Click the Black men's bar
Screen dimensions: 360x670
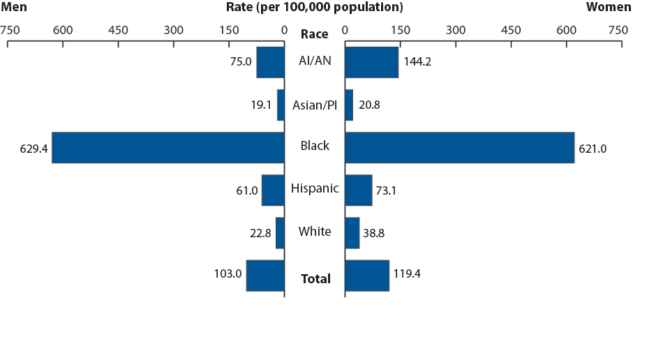tap(167, 147)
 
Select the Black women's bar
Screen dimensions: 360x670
tap(459, 147)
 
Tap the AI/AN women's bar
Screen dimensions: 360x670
tap(371, 62)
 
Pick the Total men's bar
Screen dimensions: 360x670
tap(265, 275)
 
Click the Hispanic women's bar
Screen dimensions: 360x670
tap(358, 190)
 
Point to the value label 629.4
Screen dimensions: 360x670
tap(33, 148)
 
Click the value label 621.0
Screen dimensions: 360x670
tap(593, 148)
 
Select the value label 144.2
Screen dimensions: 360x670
tap(417, 62)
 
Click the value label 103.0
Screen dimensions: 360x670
tap(228, 274)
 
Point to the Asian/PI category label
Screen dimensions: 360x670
tap(315, 105)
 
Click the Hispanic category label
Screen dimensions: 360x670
tap(315, 188)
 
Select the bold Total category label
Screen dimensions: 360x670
tap(315, 279)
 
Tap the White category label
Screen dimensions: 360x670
tap(315, 232)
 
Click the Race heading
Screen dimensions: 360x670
tap(314, 34)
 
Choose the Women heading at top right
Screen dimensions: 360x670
tap(608, 7)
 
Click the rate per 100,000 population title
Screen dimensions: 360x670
tap(314, 7)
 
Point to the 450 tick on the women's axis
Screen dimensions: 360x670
tap(511, 30)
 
